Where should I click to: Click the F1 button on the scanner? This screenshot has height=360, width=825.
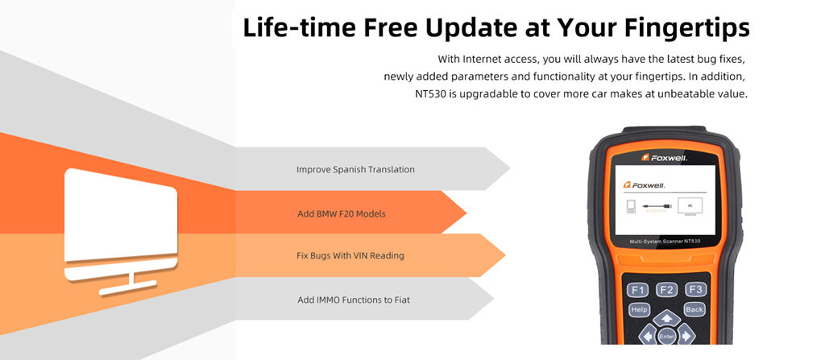click(638, 290)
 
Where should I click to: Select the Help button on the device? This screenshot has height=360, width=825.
click(639, 309)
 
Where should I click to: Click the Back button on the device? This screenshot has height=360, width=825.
click(694, 309)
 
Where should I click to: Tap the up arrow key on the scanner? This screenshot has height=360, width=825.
click(666, 317)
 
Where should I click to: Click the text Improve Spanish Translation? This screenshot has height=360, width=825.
click(355, 170)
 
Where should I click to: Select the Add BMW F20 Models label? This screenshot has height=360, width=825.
click(342, 213)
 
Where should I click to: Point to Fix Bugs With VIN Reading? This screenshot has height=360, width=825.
click(350, 256)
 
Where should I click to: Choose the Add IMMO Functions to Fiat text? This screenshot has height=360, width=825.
click(354, 300)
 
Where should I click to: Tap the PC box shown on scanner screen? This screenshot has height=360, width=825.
click(690, 205)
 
